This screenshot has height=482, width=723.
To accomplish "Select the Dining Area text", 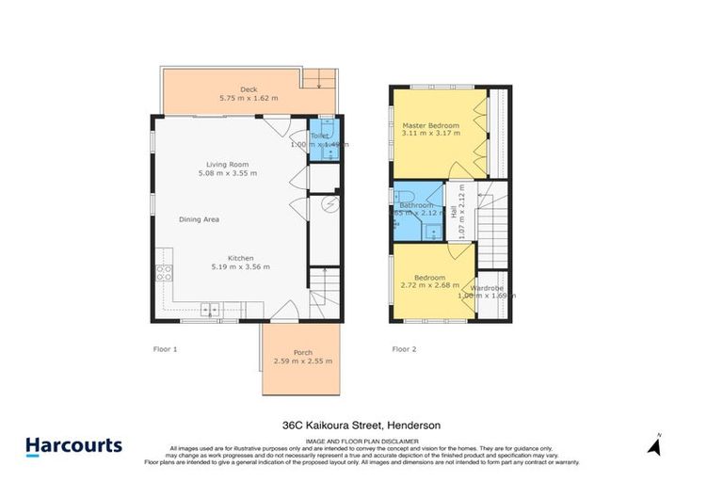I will [199, 219].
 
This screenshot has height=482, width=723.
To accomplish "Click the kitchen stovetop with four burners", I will [163, 274].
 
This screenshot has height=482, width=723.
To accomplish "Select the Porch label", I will [302, 352].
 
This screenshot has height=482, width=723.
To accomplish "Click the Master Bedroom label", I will [430, 125].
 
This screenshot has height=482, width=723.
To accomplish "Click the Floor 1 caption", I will [165, 349].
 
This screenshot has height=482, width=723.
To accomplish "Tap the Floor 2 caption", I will [404, 349].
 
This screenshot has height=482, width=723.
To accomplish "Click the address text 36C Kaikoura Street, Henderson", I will [361, 425].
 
